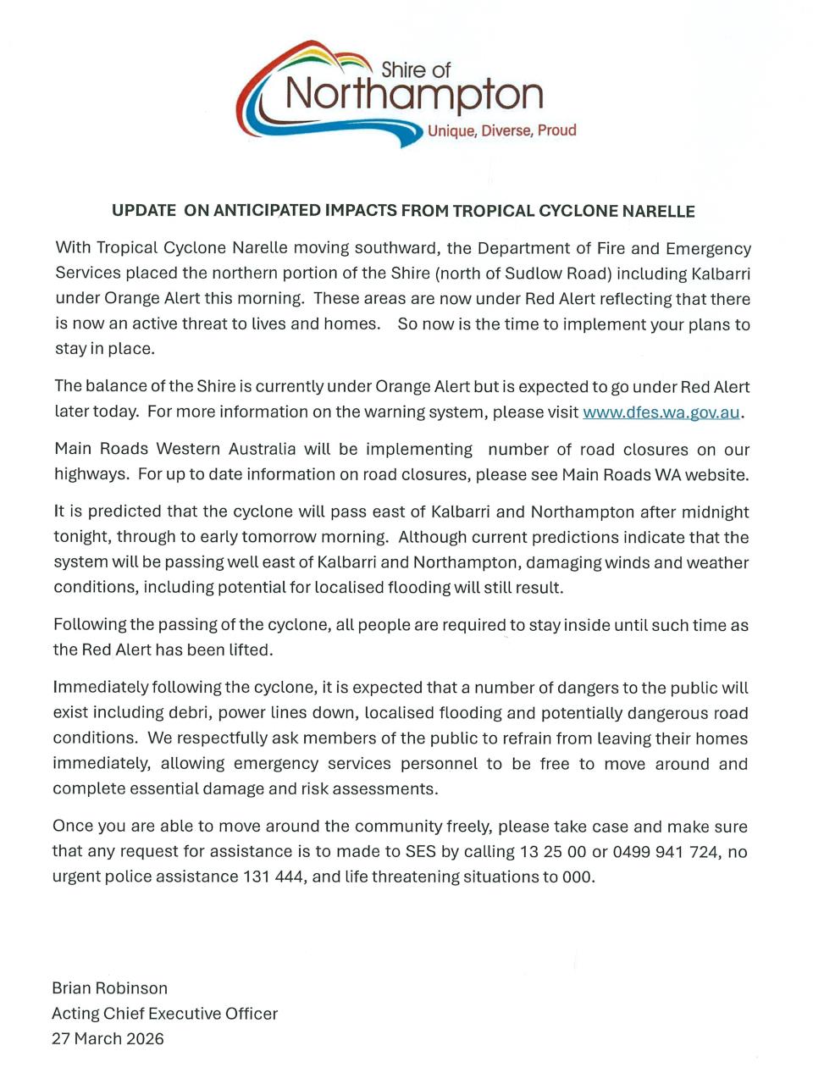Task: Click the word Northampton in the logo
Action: coord(414,95)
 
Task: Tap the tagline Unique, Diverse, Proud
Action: coord(501,130)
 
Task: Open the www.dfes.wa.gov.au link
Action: coord(661,412)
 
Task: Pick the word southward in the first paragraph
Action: coord(396,248)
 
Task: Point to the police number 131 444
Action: coord(274,877)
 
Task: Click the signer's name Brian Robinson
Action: coord(110,988)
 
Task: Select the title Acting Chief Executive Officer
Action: coord(164,1014)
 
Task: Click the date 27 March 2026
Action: coord(108,1038)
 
